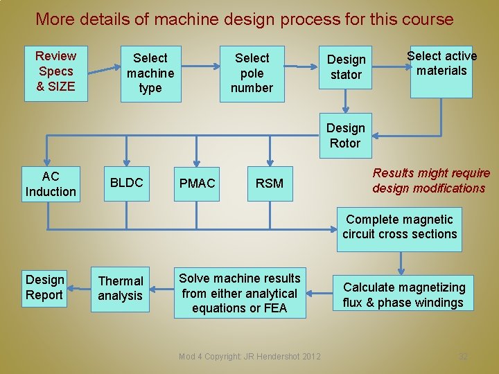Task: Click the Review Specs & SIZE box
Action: point(56,71)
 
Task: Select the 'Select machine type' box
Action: point(150,73)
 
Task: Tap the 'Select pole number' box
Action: point(252,73)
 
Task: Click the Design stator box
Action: point(346,67)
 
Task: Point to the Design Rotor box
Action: point(345,136)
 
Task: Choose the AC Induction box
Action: point(51,184)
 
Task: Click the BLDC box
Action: point(127,183)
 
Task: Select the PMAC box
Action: point(198,184)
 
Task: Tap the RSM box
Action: point(270,184)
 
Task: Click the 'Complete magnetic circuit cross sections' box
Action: point(399,227)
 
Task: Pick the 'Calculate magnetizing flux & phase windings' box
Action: point(404,294)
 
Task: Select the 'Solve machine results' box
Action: point(240,293)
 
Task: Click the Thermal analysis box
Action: point(121,288)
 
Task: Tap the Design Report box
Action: point(45,287)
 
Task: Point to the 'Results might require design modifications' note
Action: point(430,181)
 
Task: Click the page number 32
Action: point(463,356)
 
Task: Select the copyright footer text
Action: point(249,356)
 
